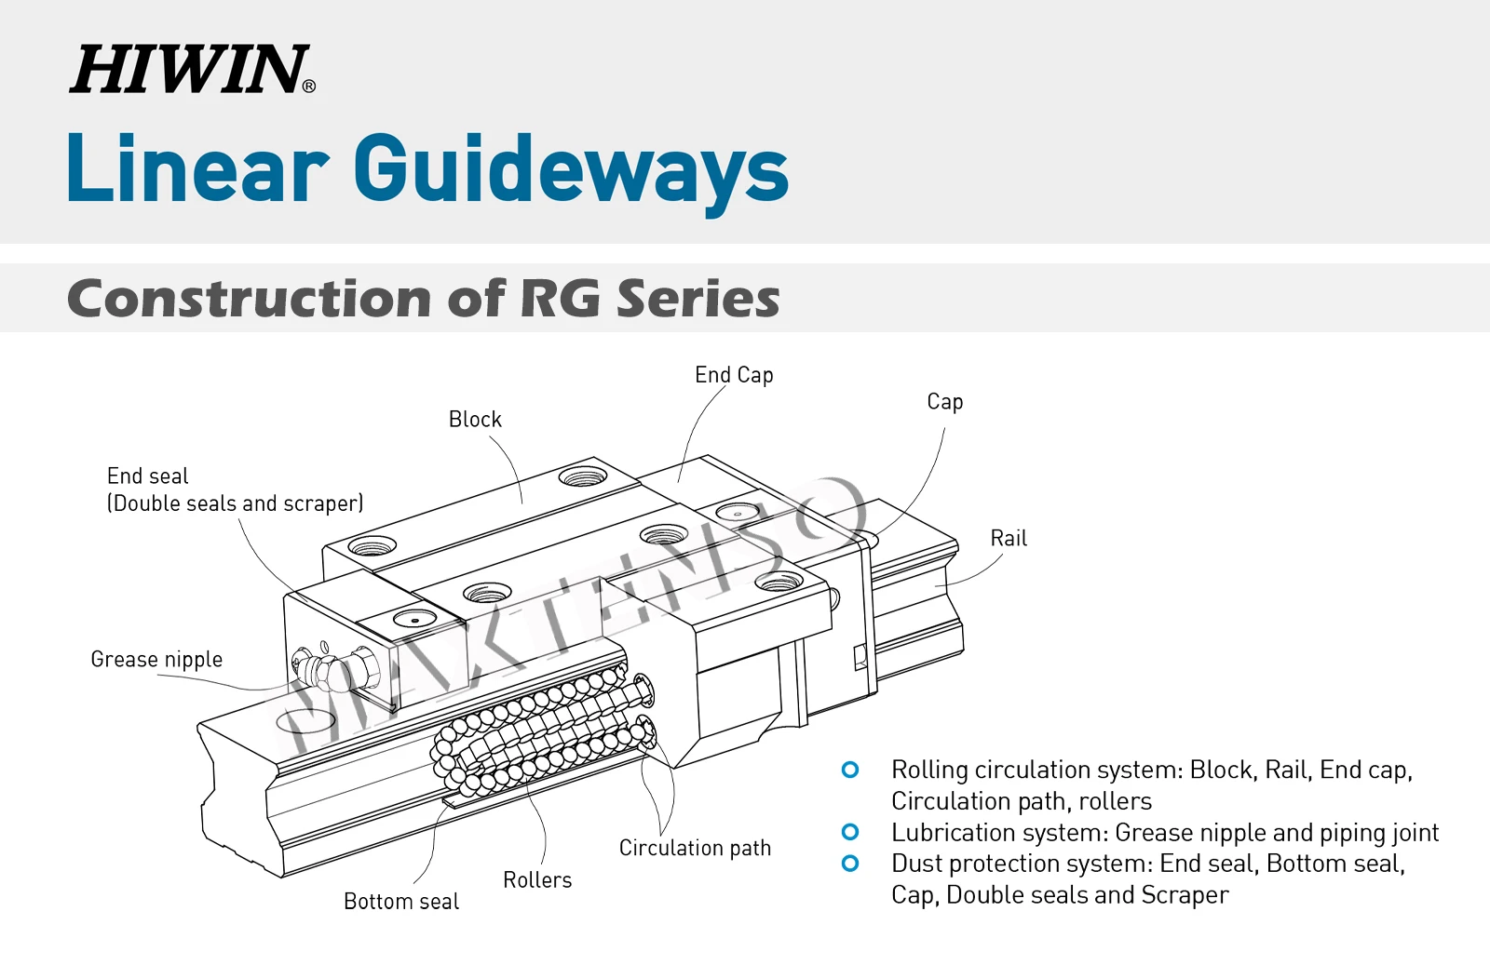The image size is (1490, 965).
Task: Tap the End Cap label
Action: [x=734, y=375]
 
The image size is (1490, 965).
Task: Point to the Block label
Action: [x=475, y=420]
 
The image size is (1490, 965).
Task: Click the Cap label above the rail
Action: [x=944, y=402]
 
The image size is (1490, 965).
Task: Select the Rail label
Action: [x=1009, y=539]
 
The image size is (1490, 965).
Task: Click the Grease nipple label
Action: [x=156, y=660]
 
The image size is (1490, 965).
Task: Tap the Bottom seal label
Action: [x=401, y=902]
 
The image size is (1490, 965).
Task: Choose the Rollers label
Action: [x=537, y=880]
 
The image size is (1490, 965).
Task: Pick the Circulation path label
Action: [x=695, y=849]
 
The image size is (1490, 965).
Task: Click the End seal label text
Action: [x=148, y=476]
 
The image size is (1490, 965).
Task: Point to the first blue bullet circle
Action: [x=850, y=770]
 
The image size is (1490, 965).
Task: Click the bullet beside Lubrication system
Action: [x=850, y=832]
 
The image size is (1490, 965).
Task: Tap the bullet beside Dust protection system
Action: [x=850, y=864]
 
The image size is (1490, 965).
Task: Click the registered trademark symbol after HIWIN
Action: [x=309, y=87]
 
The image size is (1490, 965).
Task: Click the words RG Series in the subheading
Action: [x=649, y=299]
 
